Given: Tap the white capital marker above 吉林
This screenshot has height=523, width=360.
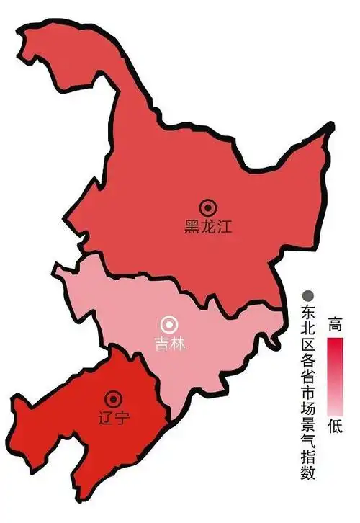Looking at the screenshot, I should (x=171, y=323).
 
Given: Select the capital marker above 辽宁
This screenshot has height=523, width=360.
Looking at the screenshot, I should (x=112, y=398).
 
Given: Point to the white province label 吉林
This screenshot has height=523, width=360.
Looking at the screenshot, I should (x=171, y=344).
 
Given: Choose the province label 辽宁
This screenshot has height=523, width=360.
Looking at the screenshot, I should (x=112, y=417).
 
